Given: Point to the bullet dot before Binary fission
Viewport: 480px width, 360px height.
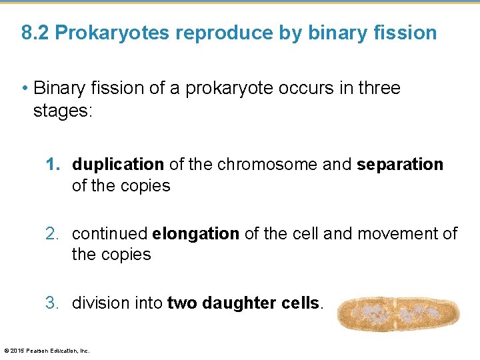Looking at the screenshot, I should tap(25, 89).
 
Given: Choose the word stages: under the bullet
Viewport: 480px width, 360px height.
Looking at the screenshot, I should tap(64, 110).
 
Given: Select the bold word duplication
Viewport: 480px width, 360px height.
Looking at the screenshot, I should tap(118, 165).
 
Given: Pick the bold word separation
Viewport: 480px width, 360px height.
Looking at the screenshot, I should tap(400, 165).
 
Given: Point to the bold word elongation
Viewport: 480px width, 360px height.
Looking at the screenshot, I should tap(195, 234).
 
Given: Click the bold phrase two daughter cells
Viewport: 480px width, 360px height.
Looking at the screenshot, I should tap(243, 303).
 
